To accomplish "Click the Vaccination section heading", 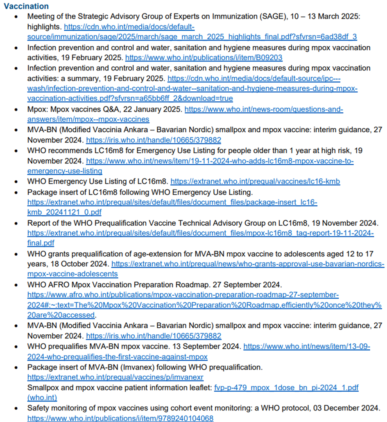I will click(x=26, y=6).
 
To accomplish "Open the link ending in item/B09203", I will click(x=204, y=58).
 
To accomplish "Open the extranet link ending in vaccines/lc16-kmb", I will click(x=255, y=182).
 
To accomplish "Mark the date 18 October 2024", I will click(x=77, y=264).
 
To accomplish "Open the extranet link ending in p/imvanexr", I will click(x=115, y=377).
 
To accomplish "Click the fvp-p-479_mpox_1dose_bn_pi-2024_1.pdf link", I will click(x=286, y=388).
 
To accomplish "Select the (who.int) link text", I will click(x=42, y=397).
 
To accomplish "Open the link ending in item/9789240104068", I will click(x=120, y=418).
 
